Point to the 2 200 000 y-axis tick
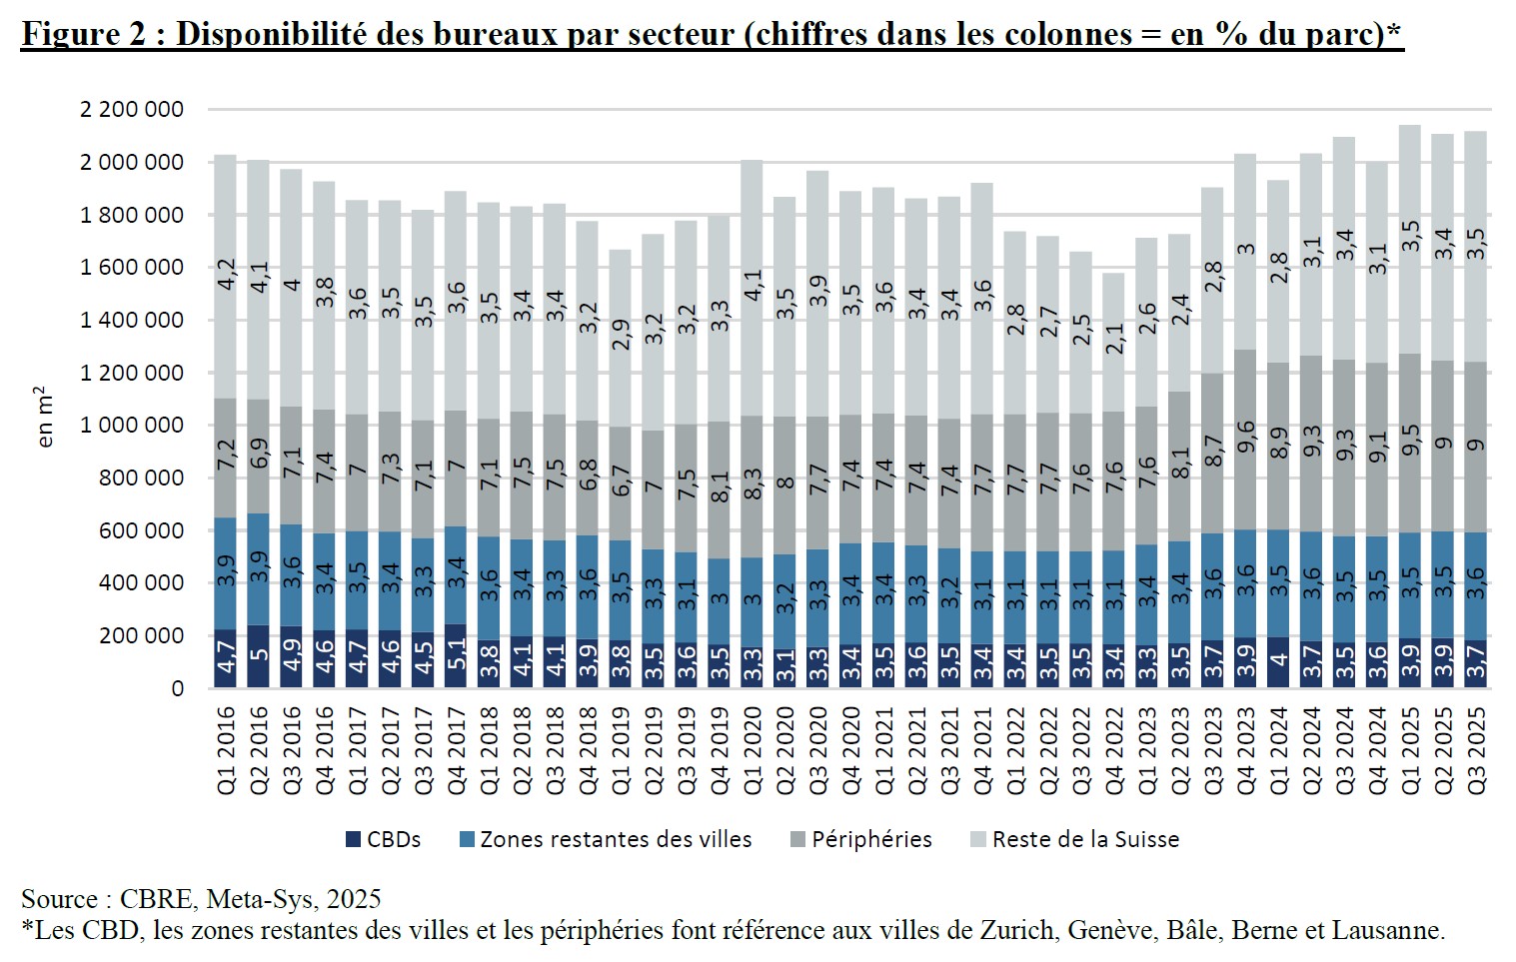coord(132,110)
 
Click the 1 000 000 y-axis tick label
coord(132,426)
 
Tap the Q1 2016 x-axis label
coord(227,750)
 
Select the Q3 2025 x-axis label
coord(1476,750)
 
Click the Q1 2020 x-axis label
coord(753,750)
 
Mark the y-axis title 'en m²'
coord(45,417)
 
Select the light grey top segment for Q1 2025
coord(1410,240)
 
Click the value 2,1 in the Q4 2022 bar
coord(1114,338)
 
